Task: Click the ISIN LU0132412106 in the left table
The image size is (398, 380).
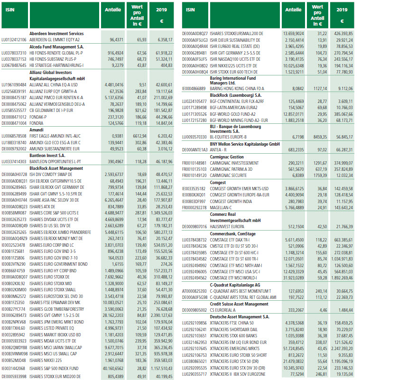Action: pyautogui.click(x=14, y=40)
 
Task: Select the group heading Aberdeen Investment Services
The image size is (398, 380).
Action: pyautogui.click(x=56, y=34)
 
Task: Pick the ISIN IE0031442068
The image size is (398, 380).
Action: pyautogui.click(x=14, y=368)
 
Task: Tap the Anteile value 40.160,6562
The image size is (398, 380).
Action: pyautogui.click(x=111, y=368)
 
